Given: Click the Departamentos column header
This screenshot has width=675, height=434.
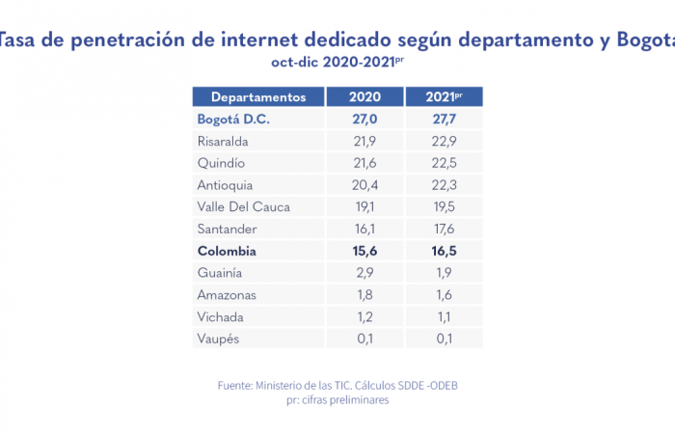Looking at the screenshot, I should click(258, 97).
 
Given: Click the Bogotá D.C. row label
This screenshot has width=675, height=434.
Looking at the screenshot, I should click(233, 120).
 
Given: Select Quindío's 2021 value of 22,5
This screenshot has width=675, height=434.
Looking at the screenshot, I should click(444, 163).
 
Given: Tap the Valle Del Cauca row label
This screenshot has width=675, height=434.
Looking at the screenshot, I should click(243, 206).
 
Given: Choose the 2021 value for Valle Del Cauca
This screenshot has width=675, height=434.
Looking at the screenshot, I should click(444, 206).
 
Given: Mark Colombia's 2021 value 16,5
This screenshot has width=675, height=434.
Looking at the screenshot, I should click(444, 251).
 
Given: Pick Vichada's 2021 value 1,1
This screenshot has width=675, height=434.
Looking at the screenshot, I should click(444, 317).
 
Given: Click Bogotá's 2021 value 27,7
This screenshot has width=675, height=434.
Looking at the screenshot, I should click(444, 120).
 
